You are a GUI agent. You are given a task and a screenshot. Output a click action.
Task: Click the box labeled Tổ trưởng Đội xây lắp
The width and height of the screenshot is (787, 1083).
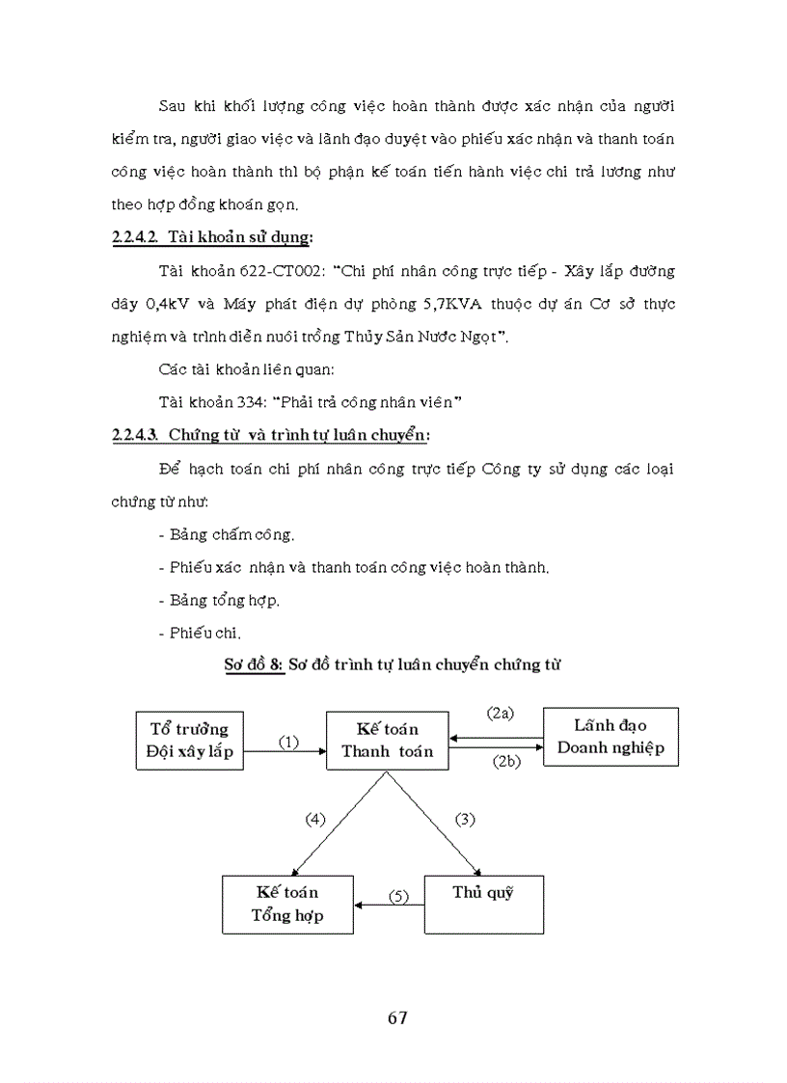tap(189, 739)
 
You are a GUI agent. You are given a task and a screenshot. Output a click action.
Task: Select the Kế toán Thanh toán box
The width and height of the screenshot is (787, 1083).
tap(387, 740)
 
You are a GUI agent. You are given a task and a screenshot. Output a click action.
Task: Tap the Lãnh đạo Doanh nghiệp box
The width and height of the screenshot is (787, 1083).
tap(611, 737)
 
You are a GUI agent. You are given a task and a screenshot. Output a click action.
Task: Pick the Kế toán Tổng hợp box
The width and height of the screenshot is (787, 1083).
tap(287, 904)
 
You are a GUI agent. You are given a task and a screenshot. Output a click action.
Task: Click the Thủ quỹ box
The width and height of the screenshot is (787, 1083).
tap(483, 904)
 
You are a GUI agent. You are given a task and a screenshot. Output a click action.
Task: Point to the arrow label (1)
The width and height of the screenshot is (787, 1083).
tap(287, 742)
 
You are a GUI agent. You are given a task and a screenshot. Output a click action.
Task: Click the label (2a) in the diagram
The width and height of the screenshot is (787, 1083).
tap(500, 713)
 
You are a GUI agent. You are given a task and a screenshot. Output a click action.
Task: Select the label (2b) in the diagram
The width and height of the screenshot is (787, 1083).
tap(505, 761)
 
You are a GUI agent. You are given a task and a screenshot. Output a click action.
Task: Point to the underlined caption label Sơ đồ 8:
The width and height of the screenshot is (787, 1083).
tap(254, 665)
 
